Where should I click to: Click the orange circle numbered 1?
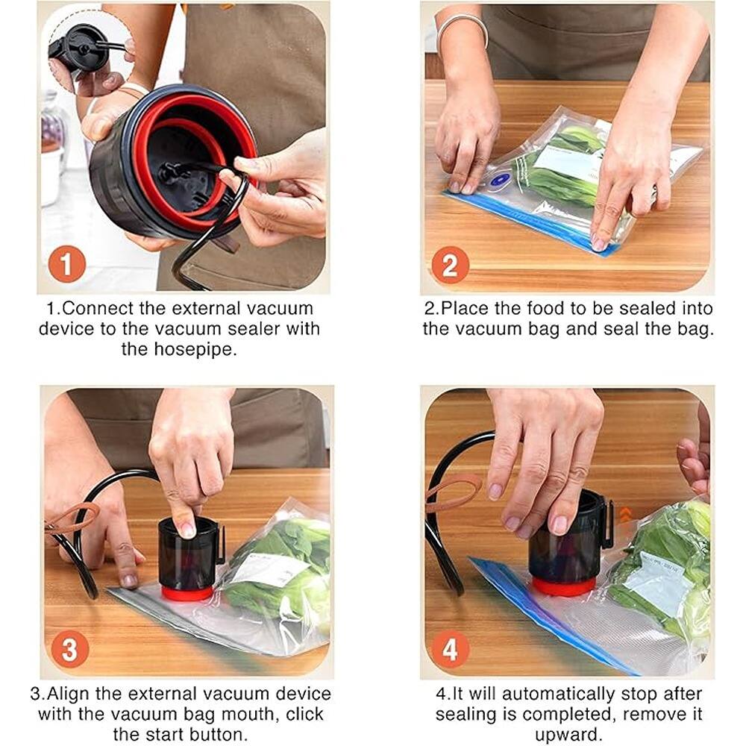click(x=67, y=264)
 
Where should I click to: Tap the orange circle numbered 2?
click(x=451, y=264)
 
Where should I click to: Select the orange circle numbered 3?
click(x=69, y=650)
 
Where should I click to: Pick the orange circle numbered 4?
click(x=451, y=650)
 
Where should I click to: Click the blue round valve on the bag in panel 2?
click(x=499, y=180)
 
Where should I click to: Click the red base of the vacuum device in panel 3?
click(x=187, y=593)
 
